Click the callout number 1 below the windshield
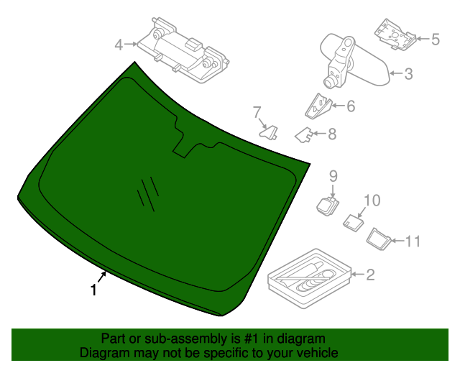pos(93,290)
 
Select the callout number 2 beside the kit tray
pos(370,274)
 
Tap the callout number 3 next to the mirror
pos(408,73)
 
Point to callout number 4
pos(119,45)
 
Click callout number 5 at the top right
pos(435,39)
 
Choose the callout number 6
pos(351,106)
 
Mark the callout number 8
pos(331,133)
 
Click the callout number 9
pos(333,175)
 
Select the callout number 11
pos(411,241)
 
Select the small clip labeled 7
pos(269,132)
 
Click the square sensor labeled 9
pos(328,204)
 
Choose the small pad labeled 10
pos(351,221)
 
